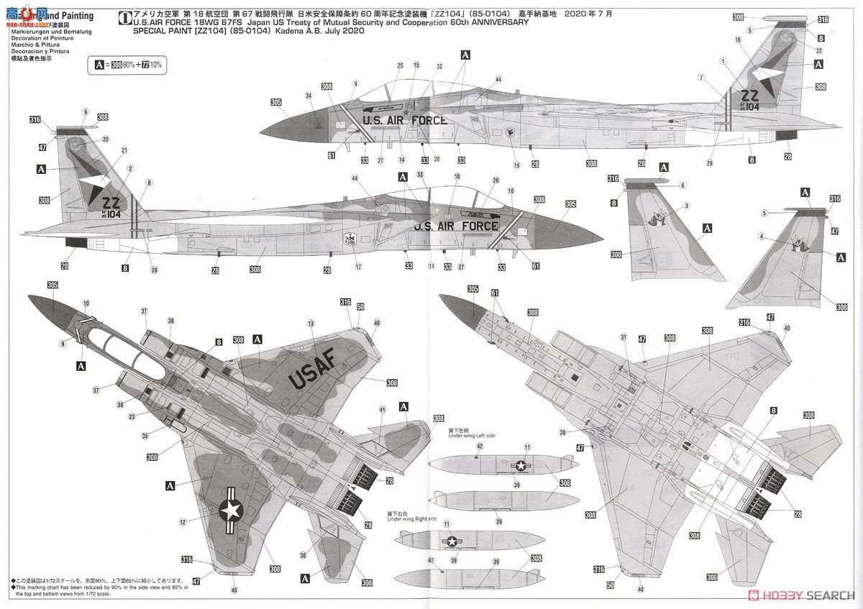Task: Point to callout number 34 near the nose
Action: (x=309, y=96)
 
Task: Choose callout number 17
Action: (x=357, y=267)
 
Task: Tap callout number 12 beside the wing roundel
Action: (x=183, y=522)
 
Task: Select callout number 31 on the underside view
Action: (x=624, y=336)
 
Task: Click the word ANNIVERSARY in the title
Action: (x=497, y=22)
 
